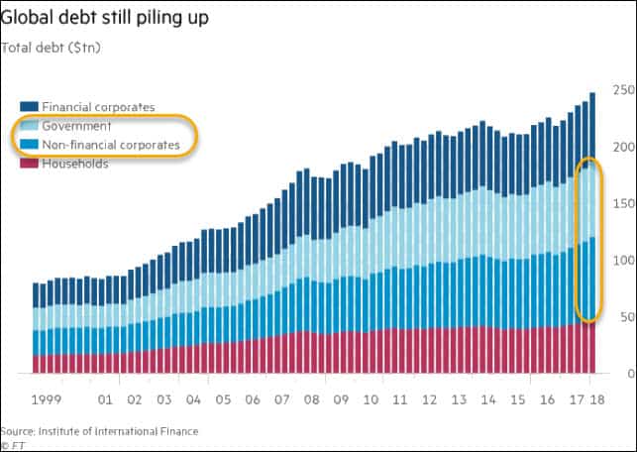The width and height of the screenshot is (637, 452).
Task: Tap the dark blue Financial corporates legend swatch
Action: (29, 107)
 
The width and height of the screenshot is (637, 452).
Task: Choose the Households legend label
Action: (75, 164)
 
